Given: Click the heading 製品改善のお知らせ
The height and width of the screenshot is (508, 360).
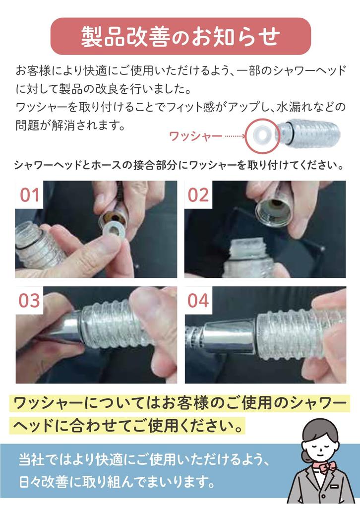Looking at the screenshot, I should point(180,36).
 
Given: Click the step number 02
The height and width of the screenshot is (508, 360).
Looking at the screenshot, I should point(198,195).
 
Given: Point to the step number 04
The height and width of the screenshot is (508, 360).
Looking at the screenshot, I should point(198,301).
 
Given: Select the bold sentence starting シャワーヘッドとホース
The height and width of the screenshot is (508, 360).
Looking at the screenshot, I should point(180,165).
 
